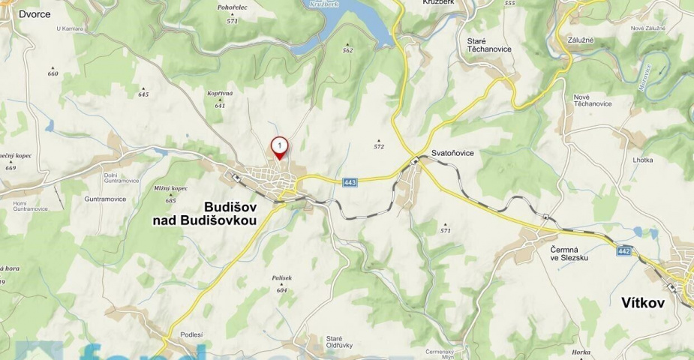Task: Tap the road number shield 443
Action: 350,182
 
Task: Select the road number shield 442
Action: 624,250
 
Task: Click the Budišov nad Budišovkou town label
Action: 204,213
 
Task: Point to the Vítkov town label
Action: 644,303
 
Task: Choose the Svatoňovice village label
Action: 453,153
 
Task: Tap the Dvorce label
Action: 35,13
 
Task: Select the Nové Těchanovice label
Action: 593,100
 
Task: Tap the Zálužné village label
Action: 581,39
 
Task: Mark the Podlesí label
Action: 191,334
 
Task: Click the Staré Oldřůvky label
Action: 335,343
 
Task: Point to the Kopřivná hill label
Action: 220,94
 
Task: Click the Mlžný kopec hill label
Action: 170,188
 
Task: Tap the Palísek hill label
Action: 281,278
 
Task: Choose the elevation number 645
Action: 143,94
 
